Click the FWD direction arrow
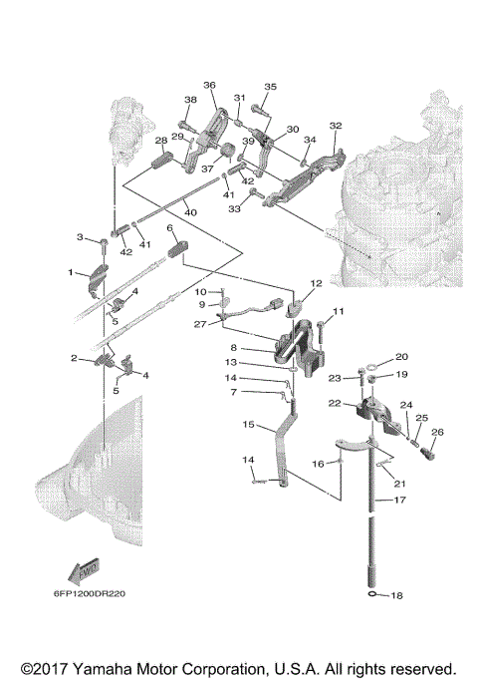pyautogui.click(x=84, y=571)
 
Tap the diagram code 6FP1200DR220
pyautogui.click(x=90, y=593)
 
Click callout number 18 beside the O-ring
pyautogui.click(x=396, y=595)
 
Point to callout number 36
pyautogui.click(x=209, y=85)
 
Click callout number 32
pyautogui.click(x=336, y=126)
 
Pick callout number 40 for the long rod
pyautogui.click(x=190, y=212)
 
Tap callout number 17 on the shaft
pyautogui.click(x=399, y=500)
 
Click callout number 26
pyautogui.click(x=437, y=432)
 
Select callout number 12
pyautogui.click(x=317, y=283)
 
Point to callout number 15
pyautogui.click(x=248, y=424)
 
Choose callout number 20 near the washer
pyautogui.click(x=401, y=357)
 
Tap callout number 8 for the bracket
pyautogui.click(x=234, y=348)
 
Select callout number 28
pyautogui.click(x=161, y=141)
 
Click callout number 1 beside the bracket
pyautogui.click(x=71, y=272)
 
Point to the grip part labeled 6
pyautogui.click(x=177, y=248)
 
